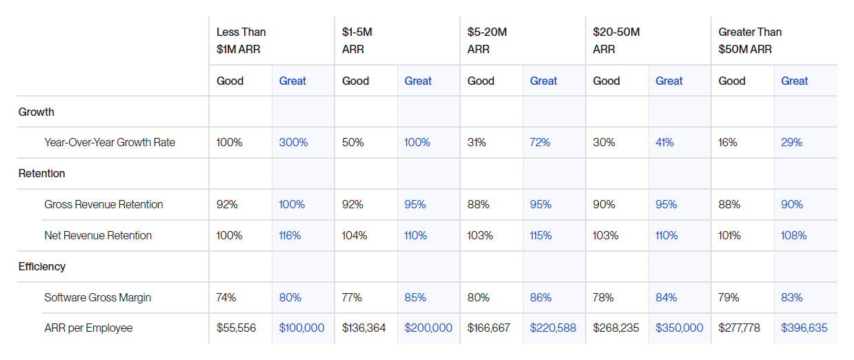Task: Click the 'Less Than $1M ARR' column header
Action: coord(241,41)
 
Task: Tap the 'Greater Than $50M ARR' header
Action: coord(750,41)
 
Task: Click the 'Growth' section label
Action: coord(36,112)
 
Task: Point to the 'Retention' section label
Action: coord(41,174)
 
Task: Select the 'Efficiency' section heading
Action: coord(41,266)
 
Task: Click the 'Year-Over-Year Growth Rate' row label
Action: coord(110,143)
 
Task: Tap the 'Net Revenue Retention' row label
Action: coord(98,235)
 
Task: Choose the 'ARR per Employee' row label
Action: coord(88,328)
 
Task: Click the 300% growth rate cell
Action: coord(293,143)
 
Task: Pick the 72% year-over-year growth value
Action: coord(540,143)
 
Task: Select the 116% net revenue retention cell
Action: coord(290,235)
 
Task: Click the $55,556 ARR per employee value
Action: coord(236,328)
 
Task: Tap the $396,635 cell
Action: coord(804,328)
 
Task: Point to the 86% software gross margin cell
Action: coord(541,297)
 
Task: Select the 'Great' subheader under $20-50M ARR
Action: coord(669,81)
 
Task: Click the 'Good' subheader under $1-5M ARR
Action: coord(355,81)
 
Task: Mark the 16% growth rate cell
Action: coord(728,143)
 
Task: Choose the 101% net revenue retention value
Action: coord(729,235)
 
